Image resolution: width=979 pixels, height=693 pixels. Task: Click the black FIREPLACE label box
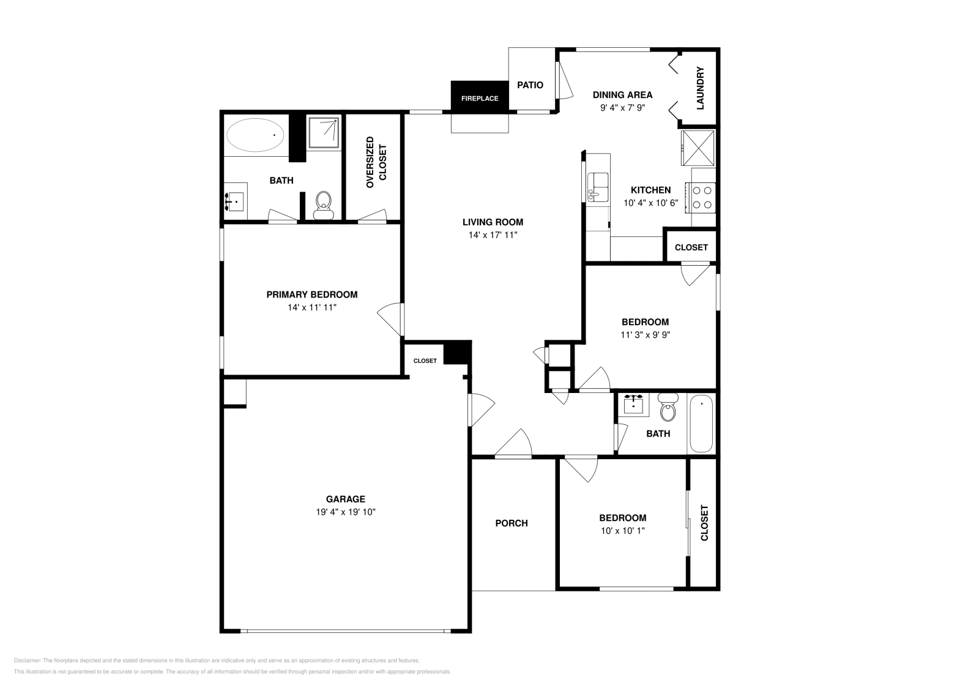point(480,97)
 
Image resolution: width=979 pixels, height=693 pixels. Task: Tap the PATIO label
point(530,85)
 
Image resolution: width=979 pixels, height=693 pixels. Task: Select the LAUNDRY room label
point(701,88)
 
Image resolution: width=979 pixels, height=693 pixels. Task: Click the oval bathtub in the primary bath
point(255,135)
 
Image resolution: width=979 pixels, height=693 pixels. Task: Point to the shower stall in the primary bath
point(323,132)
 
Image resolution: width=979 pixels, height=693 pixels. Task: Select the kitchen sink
point(597,187)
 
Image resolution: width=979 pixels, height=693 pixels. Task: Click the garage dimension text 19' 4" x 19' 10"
point(341,512)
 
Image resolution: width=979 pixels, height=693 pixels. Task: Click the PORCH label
point(511,523)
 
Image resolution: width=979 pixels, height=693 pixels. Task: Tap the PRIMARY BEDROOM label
point(311,294)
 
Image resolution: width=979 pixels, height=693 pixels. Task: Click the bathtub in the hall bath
point(701,423)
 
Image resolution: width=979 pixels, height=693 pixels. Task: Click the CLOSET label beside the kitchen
point(691,247)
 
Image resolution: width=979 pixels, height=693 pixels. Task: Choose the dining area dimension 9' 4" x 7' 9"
point(622,107)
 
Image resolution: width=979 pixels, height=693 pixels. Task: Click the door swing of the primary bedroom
point(389,318)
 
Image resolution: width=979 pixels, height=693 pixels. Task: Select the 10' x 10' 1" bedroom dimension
point(622,531)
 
